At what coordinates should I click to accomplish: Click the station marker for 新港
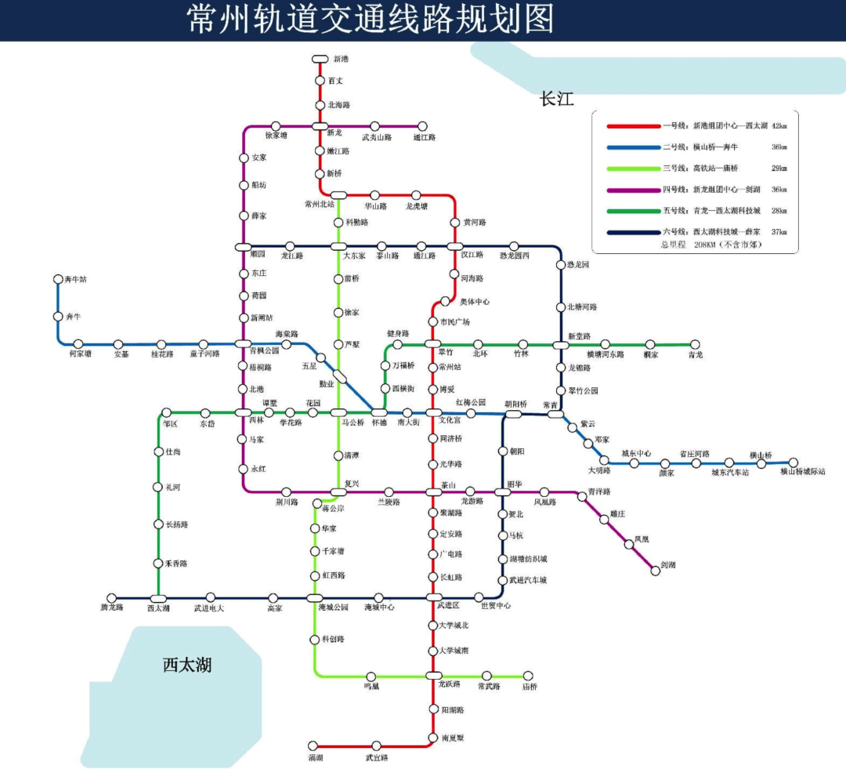320,59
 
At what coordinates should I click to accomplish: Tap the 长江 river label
557,100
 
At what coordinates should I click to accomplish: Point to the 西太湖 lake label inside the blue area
187,666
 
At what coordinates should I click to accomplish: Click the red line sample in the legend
634,126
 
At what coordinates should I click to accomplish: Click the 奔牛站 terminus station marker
58,279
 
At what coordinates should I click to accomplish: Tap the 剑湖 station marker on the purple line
656,571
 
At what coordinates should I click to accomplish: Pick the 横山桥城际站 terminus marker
794,462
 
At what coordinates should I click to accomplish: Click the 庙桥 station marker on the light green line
528,675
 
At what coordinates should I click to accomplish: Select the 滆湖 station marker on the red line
313,746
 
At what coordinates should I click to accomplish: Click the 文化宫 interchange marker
434,412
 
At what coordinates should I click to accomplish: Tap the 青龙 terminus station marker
694,344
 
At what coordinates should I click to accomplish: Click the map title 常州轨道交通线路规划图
371,20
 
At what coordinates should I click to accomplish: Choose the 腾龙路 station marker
112,598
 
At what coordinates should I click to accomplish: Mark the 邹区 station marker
166,412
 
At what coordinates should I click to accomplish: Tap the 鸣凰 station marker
371,676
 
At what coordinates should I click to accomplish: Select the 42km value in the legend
779,126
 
